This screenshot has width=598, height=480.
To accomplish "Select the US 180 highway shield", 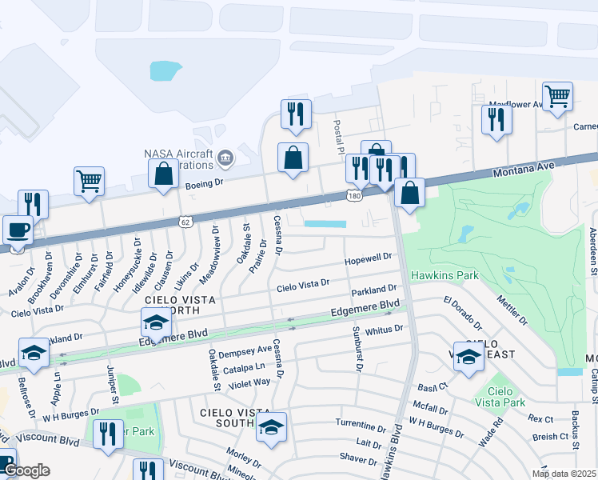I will pyautogui.click(x=354, y=195).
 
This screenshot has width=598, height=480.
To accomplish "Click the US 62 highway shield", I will pyautogui.click(x=186, y=221).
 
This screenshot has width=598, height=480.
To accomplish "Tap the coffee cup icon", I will pyautogui.click(x=18, y=230).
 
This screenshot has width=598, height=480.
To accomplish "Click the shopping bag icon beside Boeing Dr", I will pyautogui.click(x=164, y=174).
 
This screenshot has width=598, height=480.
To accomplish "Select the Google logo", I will pyautogui.click(x=26, y=471).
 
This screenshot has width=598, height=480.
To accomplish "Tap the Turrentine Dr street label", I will pyautogui.click(x=361, y=424).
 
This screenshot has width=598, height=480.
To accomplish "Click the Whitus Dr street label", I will pyautogui.click(x=381, y=330).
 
